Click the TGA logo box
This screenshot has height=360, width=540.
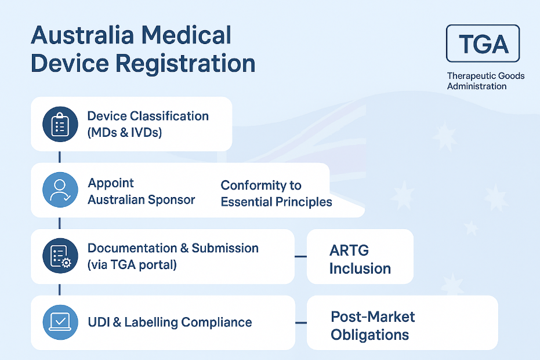[483, 43]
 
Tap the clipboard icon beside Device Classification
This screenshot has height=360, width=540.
[60, 124]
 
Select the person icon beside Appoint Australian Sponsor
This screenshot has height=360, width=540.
[60, 190]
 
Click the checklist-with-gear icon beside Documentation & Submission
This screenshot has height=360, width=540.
[60, 256]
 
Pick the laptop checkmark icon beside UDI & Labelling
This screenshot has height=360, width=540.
[60, 322]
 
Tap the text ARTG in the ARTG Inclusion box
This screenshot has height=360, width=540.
[349, 251]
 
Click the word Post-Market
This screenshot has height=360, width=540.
[373, 317]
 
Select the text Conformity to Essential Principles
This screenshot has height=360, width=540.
[276, 194]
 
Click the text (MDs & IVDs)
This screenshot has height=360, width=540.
[125, 132]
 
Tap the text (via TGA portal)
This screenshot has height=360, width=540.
[132, 265]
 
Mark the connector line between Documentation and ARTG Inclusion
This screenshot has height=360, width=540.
[300, 256]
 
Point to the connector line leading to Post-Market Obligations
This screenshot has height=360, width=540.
[300, 322]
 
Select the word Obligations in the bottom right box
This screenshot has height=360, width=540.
[369, 335]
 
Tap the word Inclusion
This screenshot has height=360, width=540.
[360, 268]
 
